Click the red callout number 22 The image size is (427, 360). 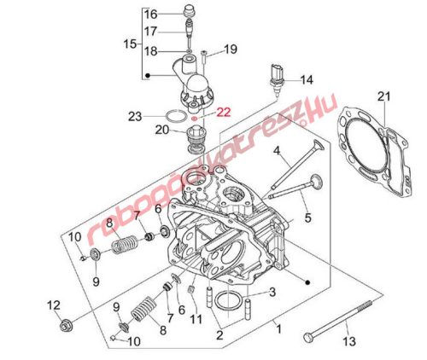click(224, 112)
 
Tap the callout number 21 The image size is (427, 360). click(384, 96)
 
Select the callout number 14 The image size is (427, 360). click(307, 80)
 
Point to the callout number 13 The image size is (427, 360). click(349, 341)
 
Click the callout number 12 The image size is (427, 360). click(54, 305)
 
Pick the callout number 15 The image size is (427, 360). click(130, 44)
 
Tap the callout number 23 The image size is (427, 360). click(135, 116)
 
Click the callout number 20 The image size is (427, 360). click(162, 130)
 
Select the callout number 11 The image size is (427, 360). click(196, 319)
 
